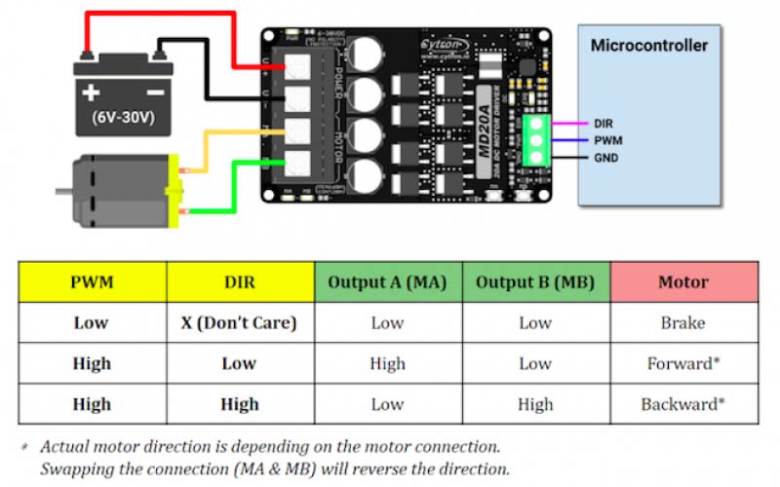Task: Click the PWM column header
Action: pos(92,282)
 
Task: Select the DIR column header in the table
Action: pos(240,282)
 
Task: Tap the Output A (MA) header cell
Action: pos(387,282)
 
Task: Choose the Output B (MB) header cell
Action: pos(535,282)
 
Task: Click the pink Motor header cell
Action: pos(683,282)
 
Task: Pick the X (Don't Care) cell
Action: pos(240,323)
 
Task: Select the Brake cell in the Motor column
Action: pos(683,323)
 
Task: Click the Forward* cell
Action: pos(683,364)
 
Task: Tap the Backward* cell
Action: pos(683,404)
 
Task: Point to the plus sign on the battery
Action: pos(92,94)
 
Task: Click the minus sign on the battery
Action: pos(154,94)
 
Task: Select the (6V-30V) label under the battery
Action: pos(123,122)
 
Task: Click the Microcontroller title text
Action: pos(649,46)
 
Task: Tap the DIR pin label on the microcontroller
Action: pos(604,124)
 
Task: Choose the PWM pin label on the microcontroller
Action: pos(607,140)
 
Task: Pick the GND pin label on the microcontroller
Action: pos(606,157)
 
